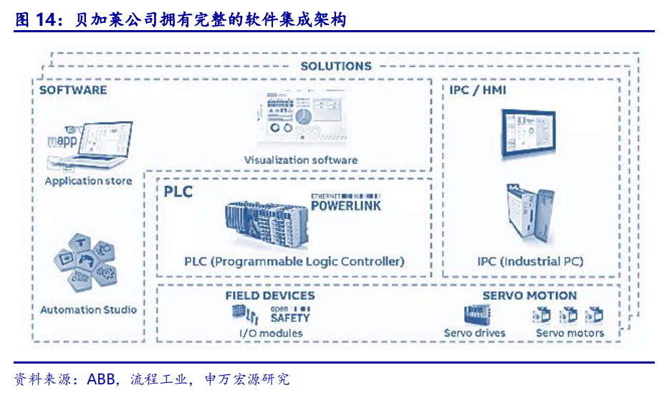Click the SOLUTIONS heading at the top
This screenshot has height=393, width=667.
click(x=335, y=66)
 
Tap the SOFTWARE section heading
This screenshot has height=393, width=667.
click(x=72, y=90)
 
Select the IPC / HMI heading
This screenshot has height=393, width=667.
click(x=478, y=91)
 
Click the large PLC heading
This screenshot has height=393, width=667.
click(x=178, y=192)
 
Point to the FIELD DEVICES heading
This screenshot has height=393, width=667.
click(x=269, y=295)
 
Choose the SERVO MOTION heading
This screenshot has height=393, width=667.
click(x=529, y=295)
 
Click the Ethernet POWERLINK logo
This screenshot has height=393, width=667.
click(x=345, y=202)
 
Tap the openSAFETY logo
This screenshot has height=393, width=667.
click(x=289, y=315)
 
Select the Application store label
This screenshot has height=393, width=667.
click(x=88, y=181)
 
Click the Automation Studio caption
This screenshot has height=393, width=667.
click(x=88, y=310)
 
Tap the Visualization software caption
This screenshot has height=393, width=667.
click(x=300, y=160)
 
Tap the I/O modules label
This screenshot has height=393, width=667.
click(x=270, y=333)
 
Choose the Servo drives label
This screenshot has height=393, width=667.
click(x=474, y=333)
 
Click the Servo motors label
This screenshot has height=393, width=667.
click(x=570, y=333)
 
